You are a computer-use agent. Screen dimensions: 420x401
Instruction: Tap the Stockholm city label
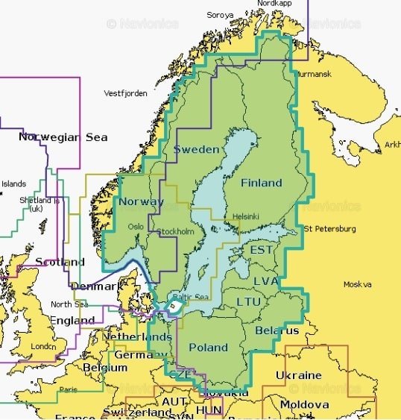pos(175,232)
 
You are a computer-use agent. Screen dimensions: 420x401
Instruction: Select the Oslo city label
pos(136,227)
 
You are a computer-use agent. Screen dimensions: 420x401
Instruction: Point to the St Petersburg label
pos(329,228)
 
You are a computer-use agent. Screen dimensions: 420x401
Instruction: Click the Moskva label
pos(357,284)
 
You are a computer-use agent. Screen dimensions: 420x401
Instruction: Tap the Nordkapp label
pos(274,4)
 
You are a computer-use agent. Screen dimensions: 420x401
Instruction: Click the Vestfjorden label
pos(123,93)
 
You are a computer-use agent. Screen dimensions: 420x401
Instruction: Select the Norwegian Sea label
pos(63,137)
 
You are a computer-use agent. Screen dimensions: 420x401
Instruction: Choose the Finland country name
pos(261,183)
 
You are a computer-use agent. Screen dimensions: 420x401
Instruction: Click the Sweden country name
pos(196,149)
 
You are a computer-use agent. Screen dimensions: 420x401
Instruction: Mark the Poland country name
pos(208,348)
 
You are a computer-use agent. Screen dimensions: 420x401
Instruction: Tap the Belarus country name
pos(277,330)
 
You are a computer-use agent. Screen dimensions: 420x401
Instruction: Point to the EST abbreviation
pos(261,249)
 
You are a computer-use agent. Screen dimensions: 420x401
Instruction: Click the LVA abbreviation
pos(265,280)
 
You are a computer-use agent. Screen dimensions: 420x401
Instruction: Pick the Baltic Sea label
pos(190,298)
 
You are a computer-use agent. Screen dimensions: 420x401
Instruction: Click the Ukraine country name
pos(299,375)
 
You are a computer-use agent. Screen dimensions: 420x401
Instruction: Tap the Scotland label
pos(60,262)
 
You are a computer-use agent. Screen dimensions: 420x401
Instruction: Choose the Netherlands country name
pos(136,337)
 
